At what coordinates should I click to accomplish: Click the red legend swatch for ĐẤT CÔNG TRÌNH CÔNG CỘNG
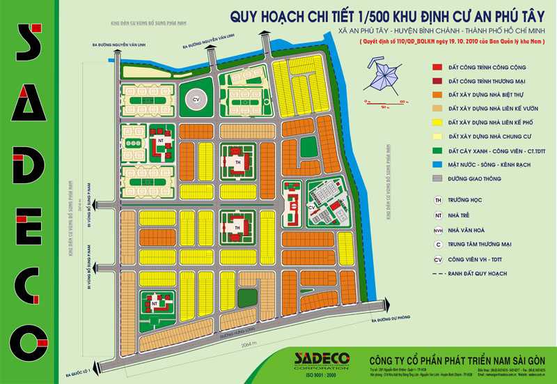[x=437, y=68]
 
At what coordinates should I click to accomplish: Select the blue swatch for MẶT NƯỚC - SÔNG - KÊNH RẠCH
[x=437, y=165]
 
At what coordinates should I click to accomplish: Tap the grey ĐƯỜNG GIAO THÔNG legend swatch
[x=437, y=179]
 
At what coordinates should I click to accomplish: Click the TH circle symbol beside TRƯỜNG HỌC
[x=437, y=199]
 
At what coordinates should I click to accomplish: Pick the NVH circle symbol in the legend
[x=437, y=229]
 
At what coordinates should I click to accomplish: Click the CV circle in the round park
[x=196, y=99]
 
